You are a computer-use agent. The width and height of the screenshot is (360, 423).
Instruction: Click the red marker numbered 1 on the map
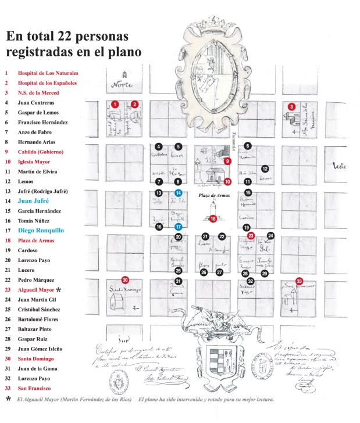coord(115,104)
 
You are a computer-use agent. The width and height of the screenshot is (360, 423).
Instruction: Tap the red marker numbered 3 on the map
coord(291,106)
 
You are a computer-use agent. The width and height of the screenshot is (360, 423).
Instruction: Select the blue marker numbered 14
coord(179,192)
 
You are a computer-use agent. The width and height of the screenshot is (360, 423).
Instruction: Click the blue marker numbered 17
coord(179,227)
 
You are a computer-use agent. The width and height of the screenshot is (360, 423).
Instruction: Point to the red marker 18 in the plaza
coord(213,218)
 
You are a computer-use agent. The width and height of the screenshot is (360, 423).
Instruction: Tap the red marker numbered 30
coord(124,279)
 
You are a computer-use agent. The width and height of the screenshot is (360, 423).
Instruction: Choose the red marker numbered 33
coord(299,280)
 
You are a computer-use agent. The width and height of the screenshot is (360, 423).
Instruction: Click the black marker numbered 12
coord(265,169)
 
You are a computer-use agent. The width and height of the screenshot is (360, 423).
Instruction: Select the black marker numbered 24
coord(270,236)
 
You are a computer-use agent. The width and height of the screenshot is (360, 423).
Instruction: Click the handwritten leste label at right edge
coord(339,166)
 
